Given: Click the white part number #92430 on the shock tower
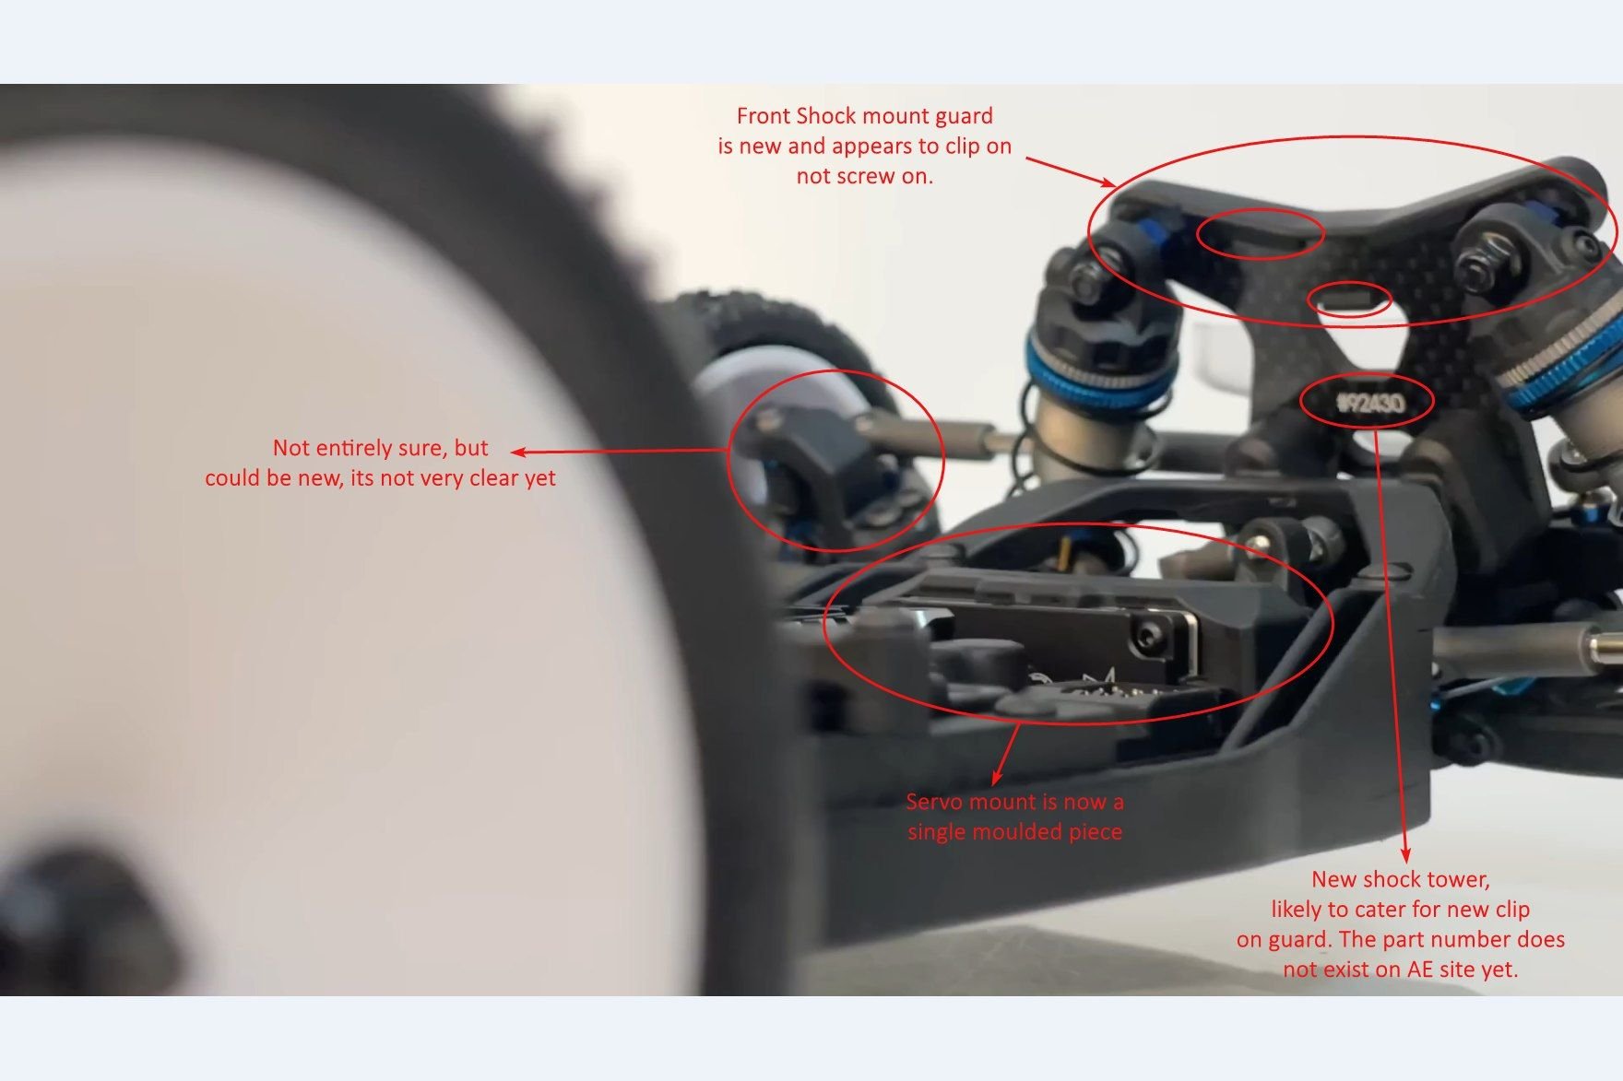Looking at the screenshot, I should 1370,403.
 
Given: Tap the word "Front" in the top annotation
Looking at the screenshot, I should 763,116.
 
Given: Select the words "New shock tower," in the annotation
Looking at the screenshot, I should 1400,879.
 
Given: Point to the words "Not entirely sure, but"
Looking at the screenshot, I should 380,448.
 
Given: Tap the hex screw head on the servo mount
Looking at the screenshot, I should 1147,634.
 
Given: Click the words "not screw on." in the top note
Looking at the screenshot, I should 864,176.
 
